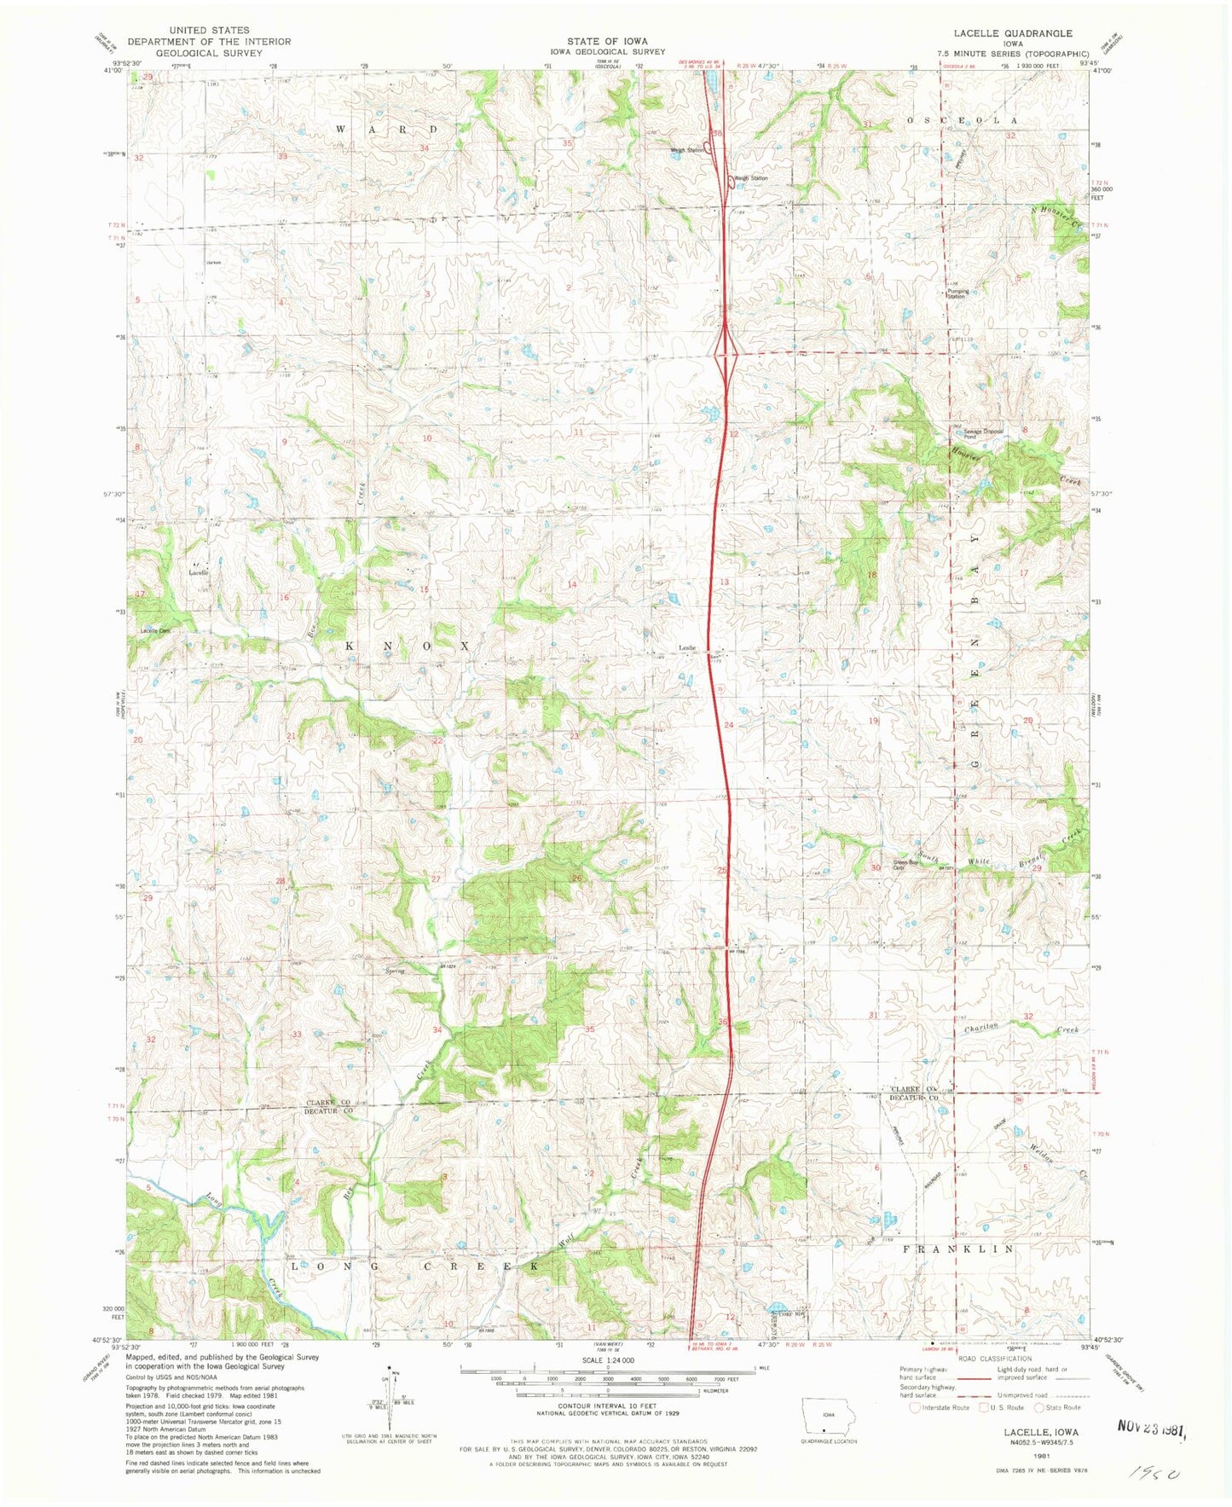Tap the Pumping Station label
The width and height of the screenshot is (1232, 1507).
[958, 293]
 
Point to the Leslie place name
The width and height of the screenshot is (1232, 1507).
[687, 647]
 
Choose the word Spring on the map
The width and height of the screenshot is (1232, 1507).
[394, 971]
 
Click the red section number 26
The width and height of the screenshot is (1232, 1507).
[577, 878]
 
